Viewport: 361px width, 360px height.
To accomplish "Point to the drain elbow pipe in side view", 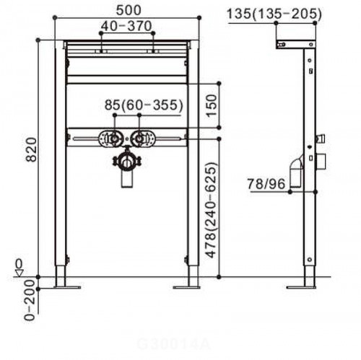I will pyautogui.click(x=296, y=173).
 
